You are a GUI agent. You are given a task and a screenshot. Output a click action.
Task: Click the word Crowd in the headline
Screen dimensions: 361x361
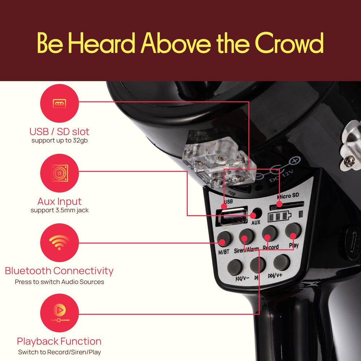click(289, 43)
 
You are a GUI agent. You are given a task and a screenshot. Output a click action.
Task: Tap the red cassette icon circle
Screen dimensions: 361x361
click(60, 103)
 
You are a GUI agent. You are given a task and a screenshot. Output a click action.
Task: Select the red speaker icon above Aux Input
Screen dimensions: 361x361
click(60, 173)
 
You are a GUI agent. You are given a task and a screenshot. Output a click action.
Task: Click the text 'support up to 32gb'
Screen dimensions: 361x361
click(60, 140)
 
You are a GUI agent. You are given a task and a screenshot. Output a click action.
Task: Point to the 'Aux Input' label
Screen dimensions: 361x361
click(60, 201)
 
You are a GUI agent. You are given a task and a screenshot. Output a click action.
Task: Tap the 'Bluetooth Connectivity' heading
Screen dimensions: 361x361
click(59, 271)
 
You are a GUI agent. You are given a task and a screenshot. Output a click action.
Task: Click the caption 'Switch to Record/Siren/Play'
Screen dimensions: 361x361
click(60, 352)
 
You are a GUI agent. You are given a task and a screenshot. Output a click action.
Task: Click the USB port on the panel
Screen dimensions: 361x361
click(232, 216)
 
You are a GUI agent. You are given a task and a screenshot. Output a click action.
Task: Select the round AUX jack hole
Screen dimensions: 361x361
click(257, 214)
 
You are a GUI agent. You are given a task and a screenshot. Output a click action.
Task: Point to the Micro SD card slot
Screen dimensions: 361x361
click(287, 205)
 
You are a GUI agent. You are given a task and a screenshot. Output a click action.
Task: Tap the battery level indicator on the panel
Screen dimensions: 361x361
click(279, 217)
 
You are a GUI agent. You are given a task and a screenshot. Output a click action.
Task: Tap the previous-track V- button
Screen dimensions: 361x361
click(235, 268)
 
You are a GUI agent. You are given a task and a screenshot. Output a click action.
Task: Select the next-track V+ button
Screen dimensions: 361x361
click(282, 263)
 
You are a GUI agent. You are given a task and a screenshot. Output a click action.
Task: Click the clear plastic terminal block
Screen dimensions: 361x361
click(219, 162)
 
